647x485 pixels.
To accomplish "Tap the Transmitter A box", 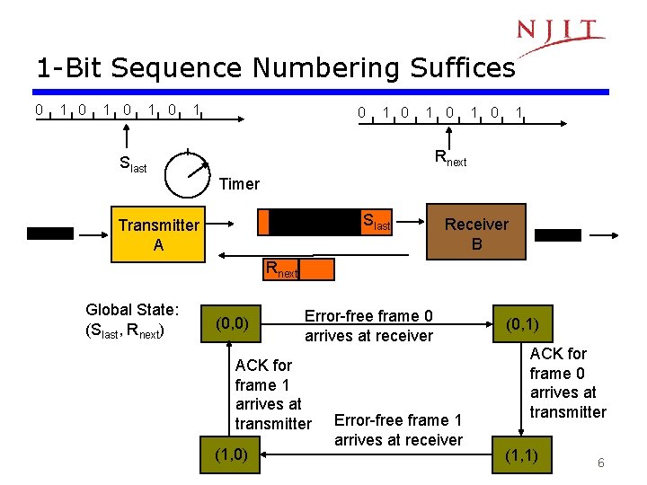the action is pyautogui.click(x=158, y=234).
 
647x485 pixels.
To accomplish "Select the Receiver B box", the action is pyautogui.click(x=476, y=234).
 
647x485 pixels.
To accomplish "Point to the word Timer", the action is pyautogui.click(x=239, y=184).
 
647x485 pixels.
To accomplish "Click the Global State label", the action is pyautogui.click(x=132, y=320).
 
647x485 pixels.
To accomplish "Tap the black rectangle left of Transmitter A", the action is pyautogui.click(x=49, y=234).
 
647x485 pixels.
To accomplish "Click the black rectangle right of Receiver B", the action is pyautogui.click(x=559, y=235).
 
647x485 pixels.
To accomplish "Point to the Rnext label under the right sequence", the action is pyautogui.click(x=450, y=159).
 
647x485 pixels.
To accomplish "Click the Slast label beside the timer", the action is pyautogui.click(x=133, y=164).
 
